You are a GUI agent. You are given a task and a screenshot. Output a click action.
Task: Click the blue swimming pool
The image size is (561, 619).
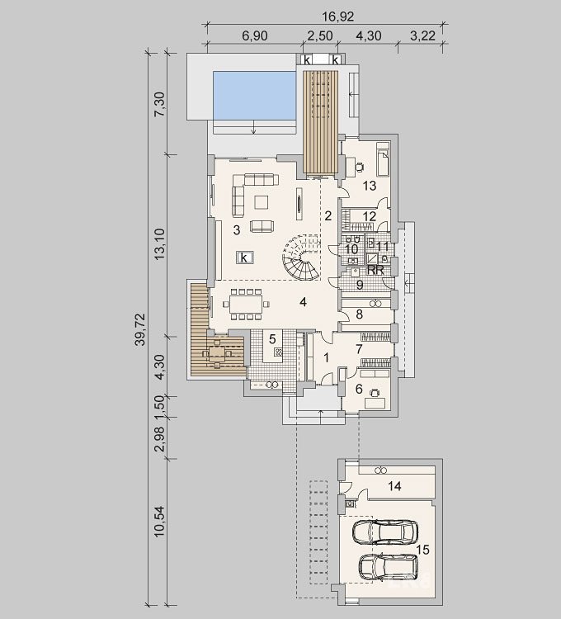click(254, 96)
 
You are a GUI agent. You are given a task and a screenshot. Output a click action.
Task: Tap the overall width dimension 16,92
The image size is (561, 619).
click(338, 17)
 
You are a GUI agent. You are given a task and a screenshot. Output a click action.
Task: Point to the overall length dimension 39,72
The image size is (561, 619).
click(140, 329)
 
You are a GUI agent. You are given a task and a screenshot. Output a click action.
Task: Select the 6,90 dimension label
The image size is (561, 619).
click(255, 36)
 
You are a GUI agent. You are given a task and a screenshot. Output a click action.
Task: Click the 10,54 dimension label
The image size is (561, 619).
click(160, 521)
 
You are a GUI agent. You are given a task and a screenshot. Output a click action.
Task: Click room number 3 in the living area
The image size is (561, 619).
click(237, 230)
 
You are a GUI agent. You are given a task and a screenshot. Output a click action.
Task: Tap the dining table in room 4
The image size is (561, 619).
click(247, 305)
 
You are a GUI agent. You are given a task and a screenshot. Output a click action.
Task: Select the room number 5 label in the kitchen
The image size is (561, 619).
click(272, 338)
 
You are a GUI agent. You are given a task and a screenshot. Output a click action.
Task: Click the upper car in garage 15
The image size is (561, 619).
click(384, 532)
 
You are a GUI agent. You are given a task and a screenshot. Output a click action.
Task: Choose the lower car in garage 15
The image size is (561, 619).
click(389, 567)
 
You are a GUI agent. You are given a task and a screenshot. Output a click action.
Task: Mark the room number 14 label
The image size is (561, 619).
click(394, 486)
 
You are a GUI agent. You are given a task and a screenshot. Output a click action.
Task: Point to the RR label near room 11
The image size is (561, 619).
click(375, 270)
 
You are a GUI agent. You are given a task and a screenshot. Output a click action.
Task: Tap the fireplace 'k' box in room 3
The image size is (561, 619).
click(244, 258)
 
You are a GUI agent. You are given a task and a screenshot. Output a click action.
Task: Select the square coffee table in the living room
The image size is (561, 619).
click(262, 202)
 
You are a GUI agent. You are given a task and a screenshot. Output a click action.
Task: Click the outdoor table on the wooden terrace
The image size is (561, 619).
click(217, 352)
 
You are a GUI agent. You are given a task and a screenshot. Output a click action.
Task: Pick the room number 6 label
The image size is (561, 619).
click(359, 389)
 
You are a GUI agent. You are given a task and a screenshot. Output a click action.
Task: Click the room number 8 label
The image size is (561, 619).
click(360, 314)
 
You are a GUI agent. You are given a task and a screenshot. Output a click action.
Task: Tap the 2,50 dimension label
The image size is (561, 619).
click(319, 36)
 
